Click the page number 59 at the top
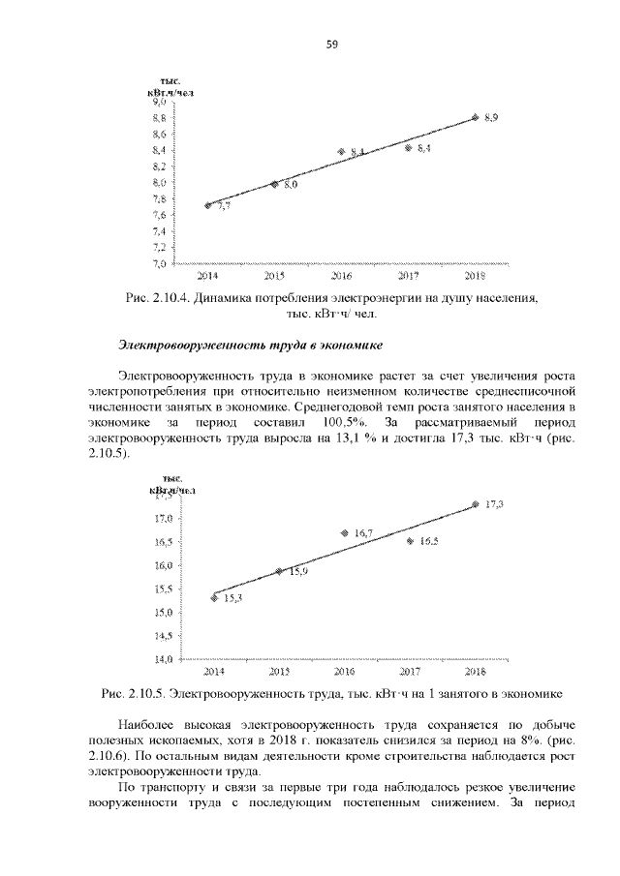tap(331, 45)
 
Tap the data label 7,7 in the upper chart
tap(224, 206)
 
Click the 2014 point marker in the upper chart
tap(208, 205)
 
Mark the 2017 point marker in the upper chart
tap(408, 148)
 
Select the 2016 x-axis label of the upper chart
tap(341, 275)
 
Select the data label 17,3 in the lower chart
tap(495, 504)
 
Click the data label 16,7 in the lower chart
tap(364, 533)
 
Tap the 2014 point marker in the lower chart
tap(213, 598)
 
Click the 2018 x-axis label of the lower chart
tap(475, 671)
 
